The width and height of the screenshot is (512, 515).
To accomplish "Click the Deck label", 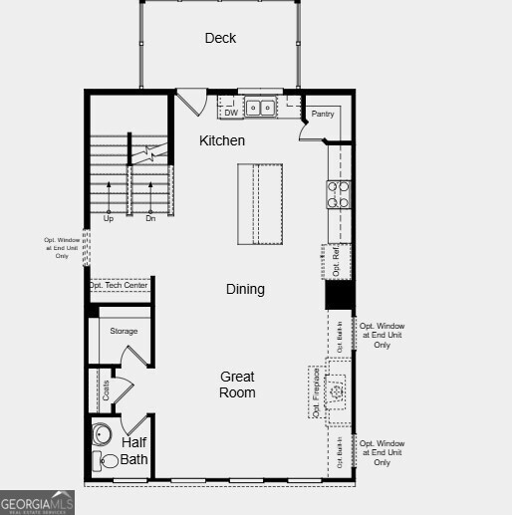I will pyautogui.click(x=220, y=38).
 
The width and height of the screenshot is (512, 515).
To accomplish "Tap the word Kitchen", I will pyautogui.click(x=221, y=140).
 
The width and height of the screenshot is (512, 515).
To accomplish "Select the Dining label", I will pyautogui.click(x=245, y=289).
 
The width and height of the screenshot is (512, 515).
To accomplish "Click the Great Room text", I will pyautogui.click(x=237, y=385).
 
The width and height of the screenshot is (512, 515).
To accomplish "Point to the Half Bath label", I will pyautogui.click(x=135, y=450).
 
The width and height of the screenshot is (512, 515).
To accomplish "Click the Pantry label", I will pyautogui.click(x=322, y=115).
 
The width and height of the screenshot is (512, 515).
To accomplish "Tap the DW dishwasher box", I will pyautogui.click(x=231, y=113).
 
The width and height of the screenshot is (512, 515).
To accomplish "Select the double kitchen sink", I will pyautogui.click(x=261, y=107).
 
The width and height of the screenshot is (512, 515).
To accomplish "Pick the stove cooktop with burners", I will pyautogui.click(x=339, y=193).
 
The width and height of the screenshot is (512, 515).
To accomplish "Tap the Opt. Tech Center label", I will pyautogui.click(x=119, y=286).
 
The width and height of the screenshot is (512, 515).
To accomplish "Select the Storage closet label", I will pyautogui.click(x=124, y=331).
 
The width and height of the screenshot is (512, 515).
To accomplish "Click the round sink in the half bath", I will pyautogui.click(x=103, y=435).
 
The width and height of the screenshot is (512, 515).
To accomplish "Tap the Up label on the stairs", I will pyautogui.click(x=108, y=218).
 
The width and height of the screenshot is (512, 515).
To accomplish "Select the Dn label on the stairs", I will pyautogui.click(x=150, y=218).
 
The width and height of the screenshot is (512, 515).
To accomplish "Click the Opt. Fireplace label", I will pyautogui.click(x=316, y=391).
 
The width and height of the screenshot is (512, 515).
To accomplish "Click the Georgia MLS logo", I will pyautogui.click(x=38, y=502).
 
